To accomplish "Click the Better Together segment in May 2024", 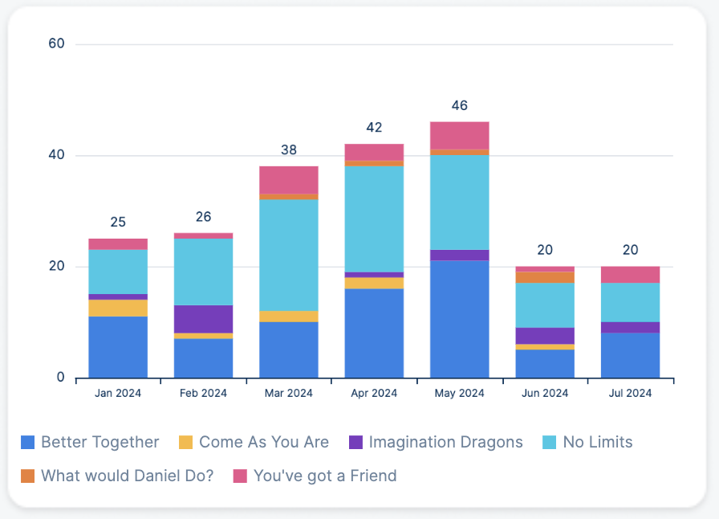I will [x=459, y=319].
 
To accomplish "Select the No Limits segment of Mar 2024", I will [x=288, y=255].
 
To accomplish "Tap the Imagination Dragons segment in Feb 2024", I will [x=203, y=319].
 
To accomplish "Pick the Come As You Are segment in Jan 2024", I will [x=118, y=308].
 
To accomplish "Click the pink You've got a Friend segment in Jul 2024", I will [x=630, y=274].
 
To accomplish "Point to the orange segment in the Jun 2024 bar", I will [x=545, y=277].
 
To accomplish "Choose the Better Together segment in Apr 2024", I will [x=374, y=333].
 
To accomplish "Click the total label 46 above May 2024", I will [x=459, y=105].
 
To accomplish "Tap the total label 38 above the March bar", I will [x=288, y=149].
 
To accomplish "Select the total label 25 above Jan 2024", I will [x=118, y=222].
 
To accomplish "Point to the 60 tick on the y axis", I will [x=56, y=43].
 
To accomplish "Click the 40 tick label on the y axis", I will [x=56, y=155].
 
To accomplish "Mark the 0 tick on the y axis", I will [x=60, y=377].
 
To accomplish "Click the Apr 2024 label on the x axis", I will [x=374, y=393].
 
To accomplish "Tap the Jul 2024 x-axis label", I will [x=630, y=393].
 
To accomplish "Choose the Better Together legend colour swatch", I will [x=28, y=443].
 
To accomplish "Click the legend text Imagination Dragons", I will [x=445, y=442].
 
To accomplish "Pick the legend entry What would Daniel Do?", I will [x=128, y=476].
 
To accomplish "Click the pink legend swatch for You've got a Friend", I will [x=240, y=476].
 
